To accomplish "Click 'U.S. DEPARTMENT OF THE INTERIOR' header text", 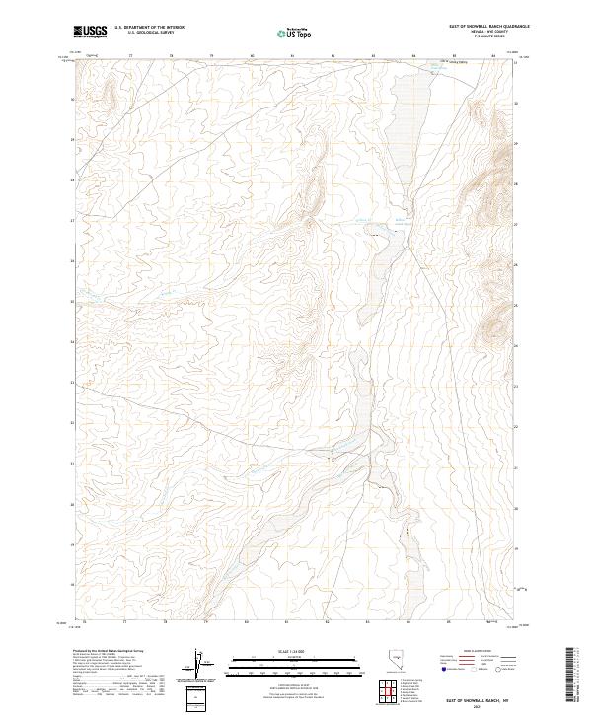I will (149, 27).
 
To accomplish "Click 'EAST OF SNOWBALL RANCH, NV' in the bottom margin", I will (476, 699).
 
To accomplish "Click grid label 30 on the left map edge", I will (71, 99).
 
